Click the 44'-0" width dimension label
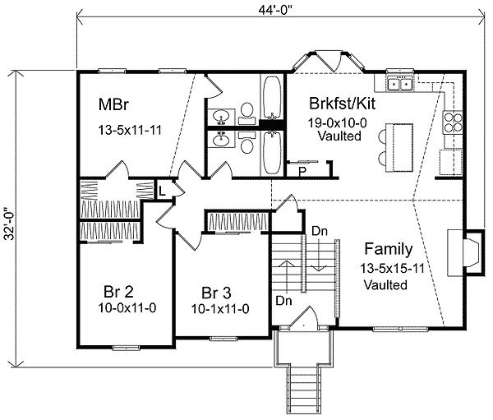pyautogui.click(x=276, y=10)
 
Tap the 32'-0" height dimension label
pyautogui.click(x=9, y=224)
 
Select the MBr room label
pyautogui.click(x=113, y=104)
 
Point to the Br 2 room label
pyautogui.click(x=118, y=292)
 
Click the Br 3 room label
pyautogui.click(x=216, y=293)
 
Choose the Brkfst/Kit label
pyautogui.click(x=342, y=104)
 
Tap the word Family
pyautogui.click(x=389, y=249)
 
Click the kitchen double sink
pyautogui.click(x=399, y=84)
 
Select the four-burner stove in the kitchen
pyautogui.click(x=453, y=122)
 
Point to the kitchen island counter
pyautogui.click(x=399, y=148)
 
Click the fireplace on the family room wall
pyautogui.click(x=464, y=253)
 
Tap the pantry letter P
pyautogui.click(x=302, y=172)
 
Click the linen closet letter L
pyautogui.click(x=162, y=191)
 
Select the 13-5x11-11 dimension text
pyautogui.click(x=130, y=130)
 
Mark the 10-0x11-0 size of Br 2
pyautogui.click(x=127, y=308)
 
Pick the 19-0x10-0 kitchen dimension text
pyautogui.click(x=337, y=122)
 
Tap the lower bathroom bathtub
pyautogui.click(x=272, y=153)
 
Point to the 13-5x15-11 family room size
pyautogui.click(x=392, y=269)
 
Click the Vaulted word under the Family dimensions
pyautogui.click(x=385, y=284)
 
